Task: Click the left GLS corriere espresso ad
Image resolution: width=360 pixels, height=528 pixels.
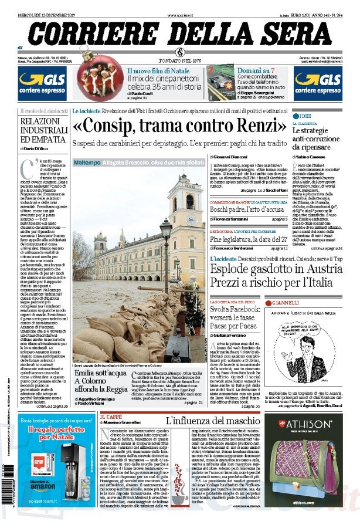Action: (41, 83)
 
